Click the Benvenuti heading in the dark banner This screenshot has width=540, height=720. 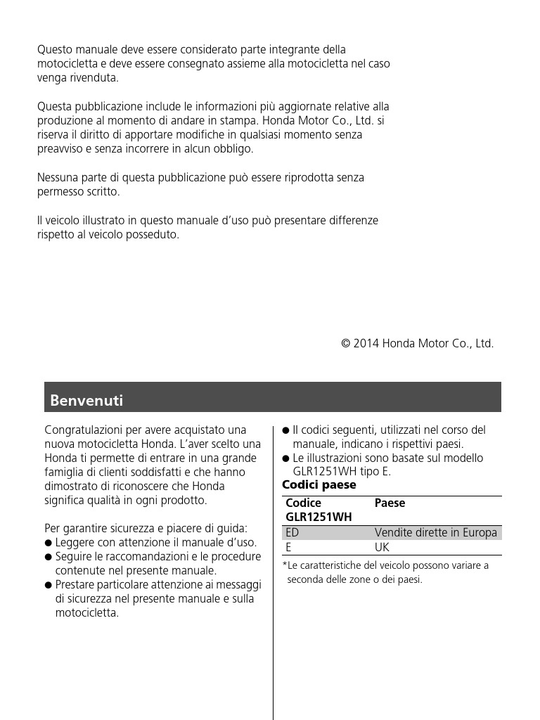click(x=86, y=401)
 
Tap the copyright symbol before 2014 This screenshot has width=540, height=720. click(x=345, y=344)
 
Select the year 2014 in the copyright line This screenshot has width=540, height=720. click(x=366, y=344)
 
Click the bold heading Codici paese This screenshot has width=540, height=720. click(x=319, y=485)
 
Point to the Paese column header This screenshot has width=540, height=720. click(x=390, y=503)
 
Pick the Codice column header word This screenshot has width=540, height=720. click(x=303, y=503)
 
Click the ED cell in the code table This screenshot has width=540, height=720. click(x=292, y=533)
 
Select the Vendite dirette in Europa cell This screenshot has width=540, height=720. click(x=436, y=533)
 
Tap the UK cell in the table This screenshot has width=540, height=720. click(x=382, y=547)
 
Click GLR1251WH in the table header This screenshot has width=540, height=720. click(x=319, y=517)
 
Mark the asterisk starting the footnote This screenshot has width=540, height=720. click(x=284, y=565)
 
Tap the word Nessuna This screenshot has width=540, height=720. click(x=58, y=178)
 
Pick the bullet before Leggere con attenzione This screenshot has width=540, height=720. click(x=48, y=543)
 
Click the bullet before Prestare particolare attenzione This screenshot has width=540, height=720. click(x=48, y=585)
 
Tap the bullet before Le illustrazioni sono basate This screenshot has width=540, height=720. click(x=285, y=458)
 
